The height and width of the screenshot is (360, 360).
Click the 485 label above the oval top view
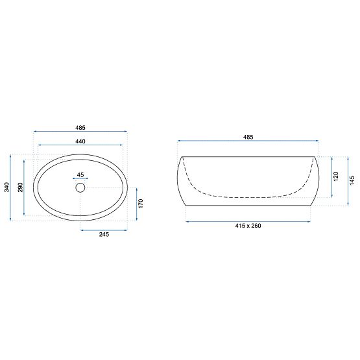[x=80, y=128]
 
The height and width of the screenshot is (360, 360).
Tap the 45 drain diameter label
[x=80, y=174]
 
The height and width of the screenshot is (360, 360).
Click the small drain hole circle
[x=80, y=188]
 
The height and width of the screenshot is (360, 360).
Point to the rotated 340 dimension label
[x=6, y=187]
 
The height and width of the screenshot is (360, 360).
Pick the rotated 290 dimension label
[x=19, y=187]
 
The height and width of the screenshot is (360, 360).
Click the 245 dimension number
[x=103, y=234]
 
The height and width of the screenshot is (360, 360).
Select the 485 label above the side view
[x=248, y=137]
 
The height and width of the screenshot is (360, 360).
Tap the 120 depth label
[x=335, y=175]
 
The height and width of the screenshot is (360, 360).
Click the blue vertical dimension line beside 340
[x=11, y=187]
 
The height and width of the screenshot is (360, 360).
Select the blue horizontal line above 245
[x=103, y=229]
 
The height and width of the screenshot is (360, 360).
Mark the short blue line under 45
[x=80, y=179]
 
